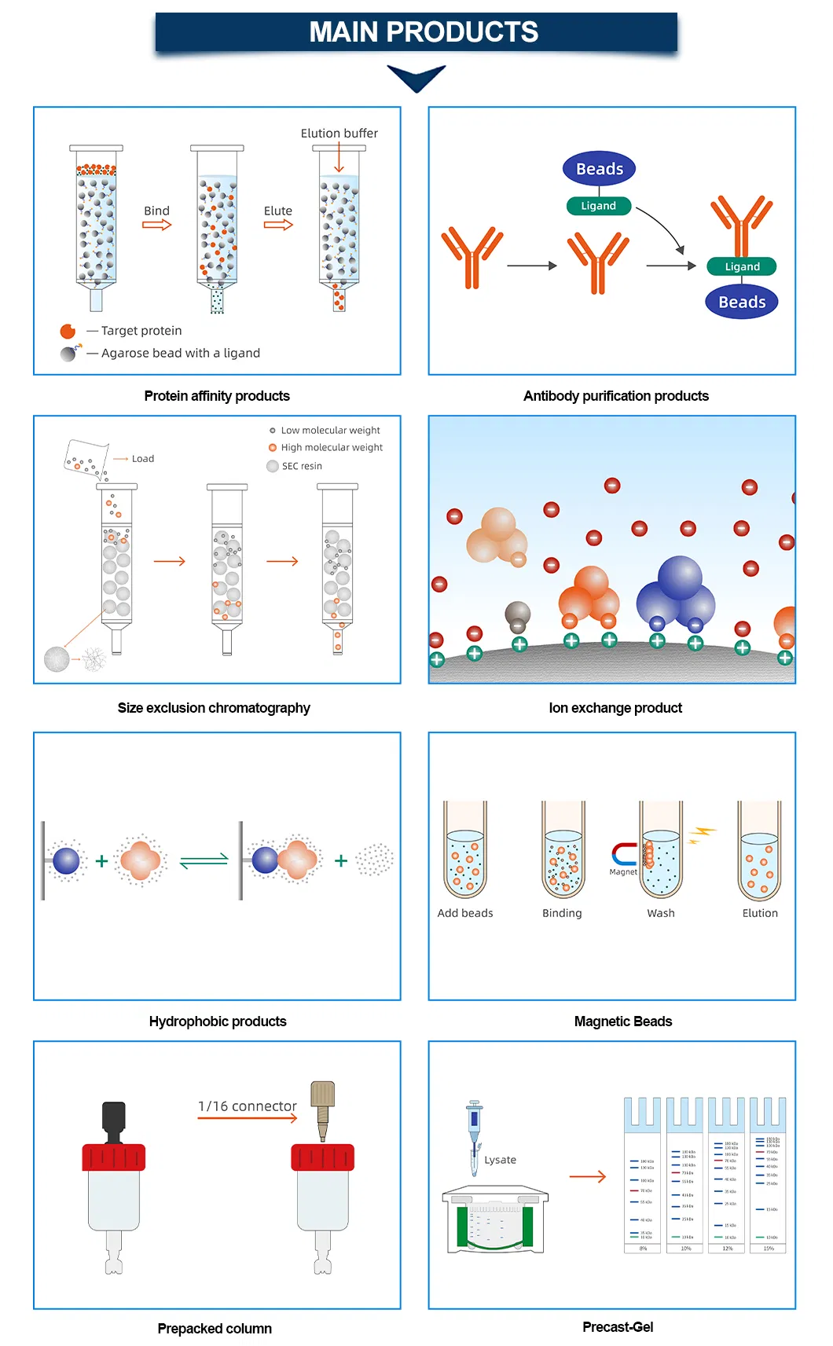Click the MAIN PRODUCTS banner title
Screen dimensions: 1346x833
pos(423,32)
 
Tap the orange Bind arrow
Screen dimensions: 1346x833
pos(156,225)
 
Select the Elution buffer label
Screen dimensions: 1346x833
pos(339,134)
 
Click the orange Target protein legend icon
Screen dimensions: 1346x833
pos(68,331)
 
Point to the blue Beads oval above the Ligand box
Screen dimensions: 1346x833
pos(599,169)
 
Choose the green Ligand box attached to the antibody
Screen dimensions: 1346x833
pos(742,266)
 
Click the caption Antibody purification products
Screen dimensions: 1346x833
pos(615,396)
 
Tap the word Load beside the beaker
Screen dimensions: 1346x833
pos(143,459)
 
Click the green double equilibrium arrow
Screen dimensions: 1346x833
pos(204,861)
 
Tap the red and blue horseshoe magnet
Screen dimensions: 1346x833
pos(624,854)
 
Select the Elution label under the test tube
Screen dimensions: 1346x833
pos(760,913)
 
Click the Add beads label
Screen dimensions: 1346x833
pos(465,913)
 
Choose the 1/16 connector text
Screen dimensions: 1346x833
pos(248,1106)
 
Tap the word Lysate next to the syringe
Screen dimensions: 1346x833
pos(501,1160)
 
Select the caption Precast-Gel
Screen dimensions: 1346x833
pos(618,1327)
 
